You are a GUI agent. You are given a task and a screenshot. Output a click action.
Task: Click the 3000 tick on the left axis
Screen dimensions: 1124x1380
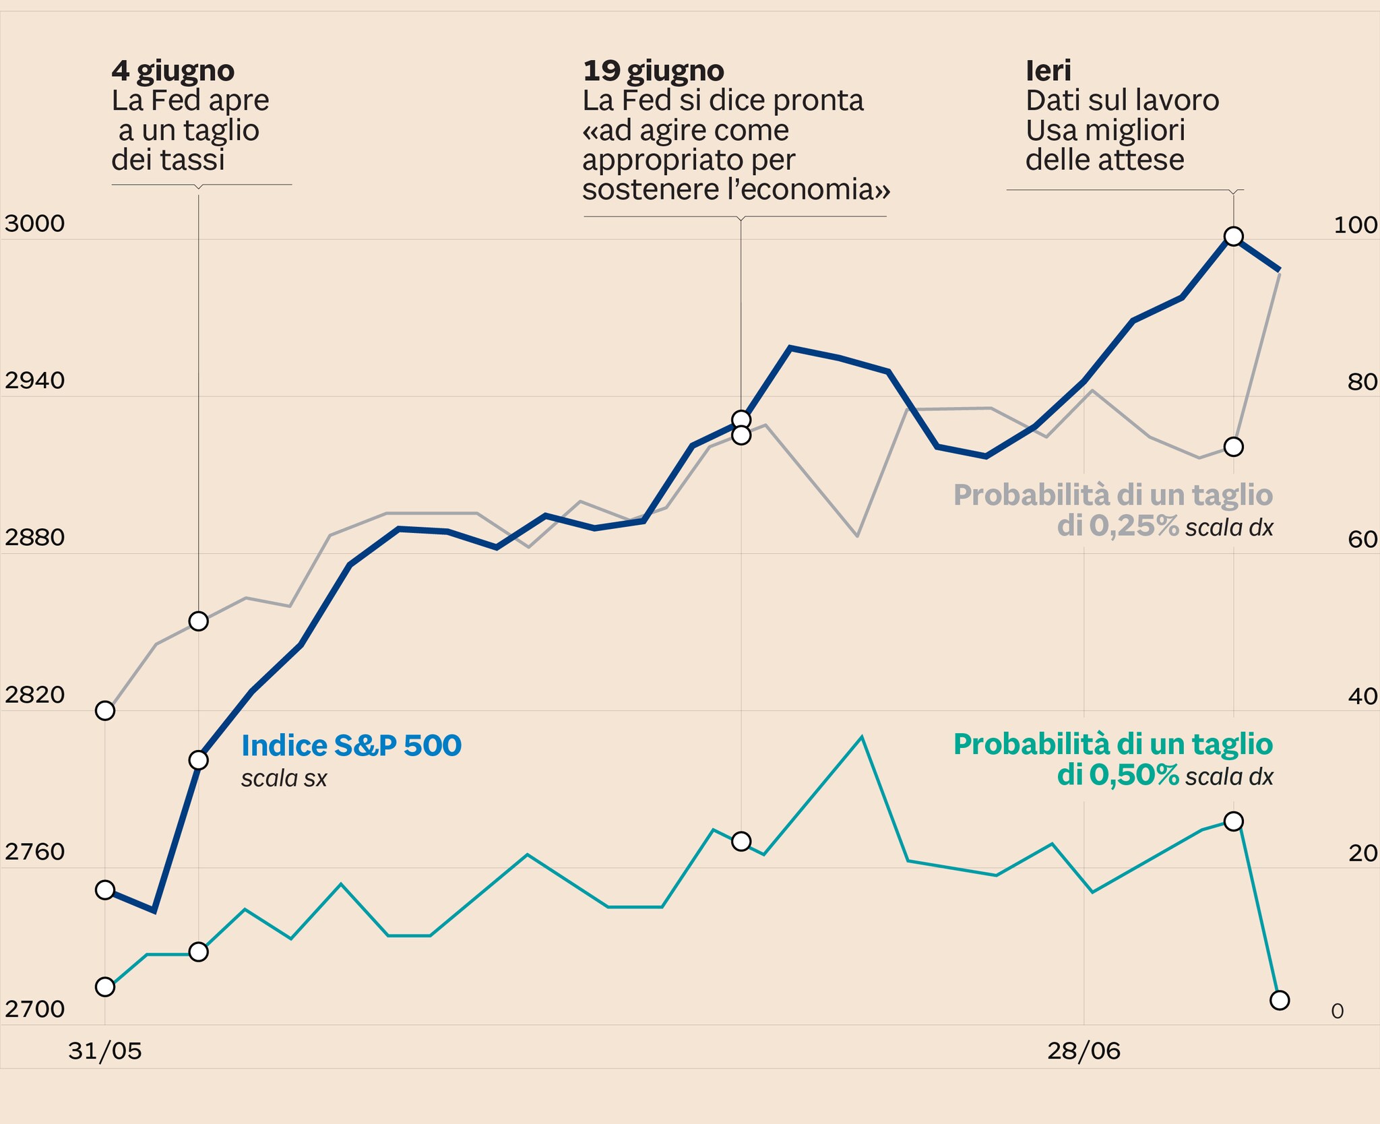(34, 224)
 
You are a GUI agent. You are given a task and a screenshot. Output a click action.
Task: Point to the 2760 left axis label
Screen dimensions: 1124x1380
(34, 852)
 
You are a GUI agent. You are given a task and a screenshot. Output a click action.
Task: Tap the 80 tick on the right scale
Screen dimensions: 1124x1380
(1362, 382)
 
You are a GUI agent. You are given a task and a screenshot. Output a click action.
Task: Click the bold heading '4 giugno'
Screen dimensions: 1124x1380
(173, 71)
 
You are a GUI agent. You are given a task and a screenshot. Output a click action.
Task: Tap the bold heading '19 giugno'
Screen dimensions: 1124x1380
(653, 71)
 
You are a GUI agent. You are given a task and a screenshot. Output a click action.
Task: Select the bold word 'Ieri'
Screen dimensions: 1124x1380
(1048, 71)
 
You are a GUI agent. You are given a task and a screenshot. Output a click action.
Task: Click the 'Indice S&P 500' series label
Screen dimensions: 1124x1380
(351, 745)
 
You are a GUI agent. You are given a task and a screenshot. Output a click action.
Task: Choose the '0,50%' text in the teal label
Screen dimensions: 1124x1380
(1134, 776)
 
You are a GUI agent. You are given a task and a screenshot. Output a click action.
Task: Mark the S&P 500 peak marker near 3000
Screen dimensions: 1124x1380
(1234, 236)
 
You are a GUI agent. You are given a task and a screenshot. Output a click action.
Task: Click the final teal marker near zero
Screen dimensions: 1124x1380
(1279, 1000)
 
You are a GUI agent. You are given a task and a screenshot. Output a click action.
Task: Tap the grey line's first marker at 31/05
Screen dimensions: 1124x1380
(105, 710)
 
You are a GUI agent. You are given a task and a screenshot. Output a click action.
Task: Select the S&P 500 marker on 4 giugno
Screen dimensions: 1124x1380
(198, 760)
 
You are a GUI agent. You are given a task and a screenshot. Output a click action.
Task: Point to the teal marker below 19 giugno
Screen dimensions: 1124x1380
(741, 841)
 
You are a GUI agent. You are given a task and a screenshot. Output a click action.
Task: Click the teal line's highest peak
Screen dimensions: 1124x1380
(862, 737)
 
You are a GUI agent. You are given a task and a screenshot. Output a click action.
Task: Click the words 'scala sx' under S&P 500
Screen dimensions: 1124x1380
(284, 779)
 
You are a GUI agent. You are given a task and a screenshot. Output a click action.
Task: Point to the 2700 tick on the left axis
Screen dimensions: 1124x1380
(34, 1009)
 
